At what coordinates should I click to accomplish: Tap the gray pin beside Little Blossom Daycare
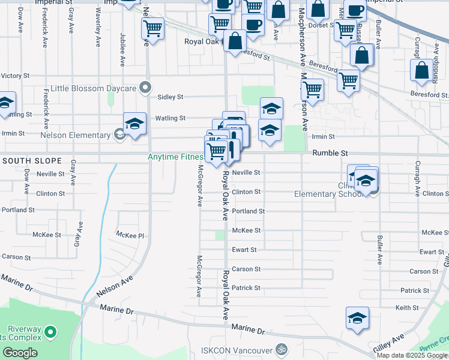[145, 88]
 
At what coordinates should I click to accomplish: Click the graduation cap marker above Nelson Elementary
[134, 124]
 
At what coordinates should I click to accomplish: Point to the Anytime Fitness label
[176, 158]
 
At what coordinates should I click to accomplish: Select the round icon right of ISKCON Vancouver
[281, 349]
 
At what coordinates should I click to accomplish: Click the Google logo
[20, 353]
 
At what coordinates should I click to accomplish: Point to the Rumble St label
[330, 154]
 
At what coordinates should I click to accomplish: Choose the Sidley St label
[170, 97]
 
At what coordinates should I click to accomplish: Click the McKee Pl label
[131, 235]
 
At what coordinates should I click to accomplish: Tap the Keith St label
[407, 308]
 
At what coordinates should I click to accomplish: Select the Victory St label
[16, 76]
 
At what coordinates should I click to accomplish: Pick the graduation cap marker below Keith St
[357, 319]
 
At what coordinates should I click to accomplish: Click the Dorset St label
[322, 25]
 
